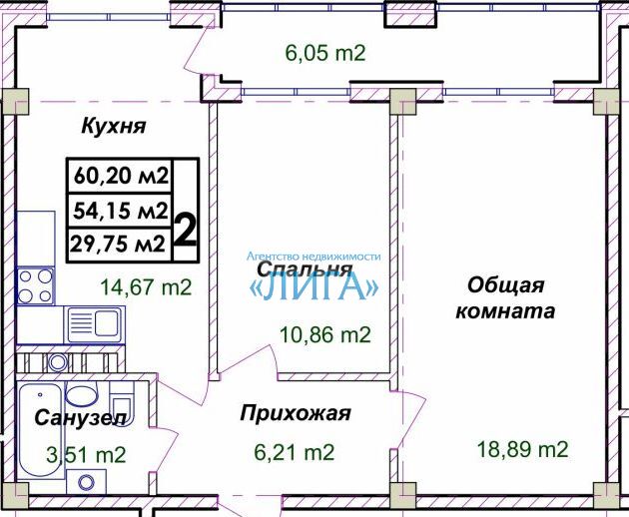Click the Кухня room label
pyautogui.click(x=114, y=126)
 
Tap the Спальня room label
pyautogui.click(x=305, y=269)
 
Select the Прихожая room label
pyautogui.click(x=296, y=413)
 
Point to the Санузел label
pyautogui.click(x=81, y=418)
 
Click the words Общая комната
pyautogui.click(x=505, y=298)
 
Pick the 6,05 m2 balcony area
pyautogui.click(x=325, y=53)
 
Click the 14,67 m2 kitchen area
pyautogui.click(x=146, y=287)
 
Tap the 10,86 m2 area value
pyautogui.click(x=324, y=335)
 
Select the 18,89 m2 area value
pyautogui.click(x=523, y=449)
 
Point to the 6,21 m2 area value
pyautogui.click(x=295, y=452)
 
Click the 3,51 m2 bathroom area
pyautogui.click(x=86, y=455)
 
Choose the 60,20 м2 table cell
pyautogui.click(x=121, y=176)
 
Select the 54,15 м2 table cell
pyautogui.click(x=121, y=211)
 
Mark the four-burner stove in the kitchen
pyautogui.click(x=36, y=285)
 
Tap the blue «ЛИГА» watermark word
pyautogui.click(x=314, y=287)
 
